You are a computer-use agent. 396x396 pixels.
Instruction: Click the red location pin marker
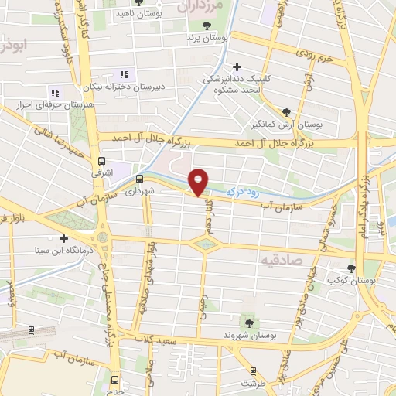tap(200, 182)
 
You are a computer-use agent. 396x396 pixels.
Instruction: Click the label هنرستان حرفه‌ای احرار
tap(54, 104)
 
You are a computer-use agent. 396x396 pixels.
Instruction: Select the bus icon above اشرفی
tap(101, 162)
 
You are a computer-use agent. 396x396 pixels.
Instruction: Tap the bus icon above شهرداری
tap(139, 179)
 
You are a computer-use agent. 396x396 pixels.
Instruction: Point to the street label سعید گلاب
tap(159, 341)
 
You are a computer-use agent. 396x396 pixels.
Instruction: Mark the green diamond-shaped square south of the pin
tap(204, 244)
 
